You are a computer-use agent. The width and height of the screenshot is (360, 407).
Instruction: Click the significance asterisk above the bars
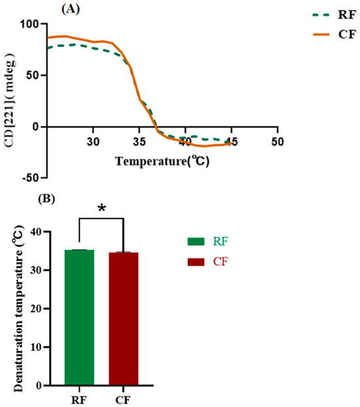(101, 208)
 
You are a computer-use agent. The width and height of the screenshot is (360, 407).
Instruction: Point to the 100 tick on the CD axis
(29, 24)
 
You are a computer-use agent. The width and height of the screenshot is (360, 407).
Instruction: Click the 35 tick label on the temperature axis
(139, 141)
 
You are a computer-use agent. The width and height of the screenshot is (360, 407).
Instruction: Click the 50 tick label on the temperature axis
(278, 141)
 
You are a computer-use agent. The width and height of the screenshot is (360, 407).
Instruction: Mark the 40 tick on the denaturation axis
(42, 232)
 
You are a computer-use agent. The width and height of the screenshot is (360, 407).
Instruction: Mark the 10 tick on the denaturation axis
(42, 347)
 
